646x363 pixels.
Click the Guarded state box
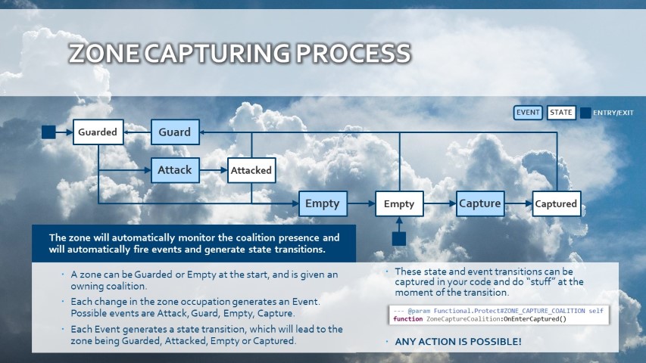point(98,132)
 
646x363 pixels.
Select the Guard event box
point(175,132)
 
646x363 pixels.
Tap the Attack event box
point(175,170)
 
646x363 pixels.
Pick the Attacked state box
point(251,170)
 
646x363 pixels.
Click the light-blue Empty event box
point(323,203)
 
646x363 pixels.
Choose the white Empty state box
point(399,203)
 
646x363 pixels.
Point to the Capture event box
point(480,203)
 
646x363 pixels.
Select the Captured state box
point(557,203)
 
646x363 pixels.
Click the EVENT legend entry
point(528,113)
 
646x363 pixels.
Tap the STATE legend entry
point(561,113)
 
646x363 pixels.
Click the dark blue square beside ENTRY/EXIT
point(585,113)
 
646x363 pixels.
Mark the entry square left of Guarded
point(48,132)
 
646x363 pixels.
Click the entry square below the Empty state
point(399,239)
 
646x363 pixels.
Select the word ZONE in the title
point(104,54)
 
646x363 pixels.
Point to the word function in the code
point(408,319)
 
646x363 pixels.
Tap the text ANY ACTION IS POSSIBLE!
point(458,342)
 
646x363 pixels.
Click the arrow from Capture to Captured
point(519,203)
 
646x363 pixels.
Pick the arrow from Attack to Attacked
point(214,170)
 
